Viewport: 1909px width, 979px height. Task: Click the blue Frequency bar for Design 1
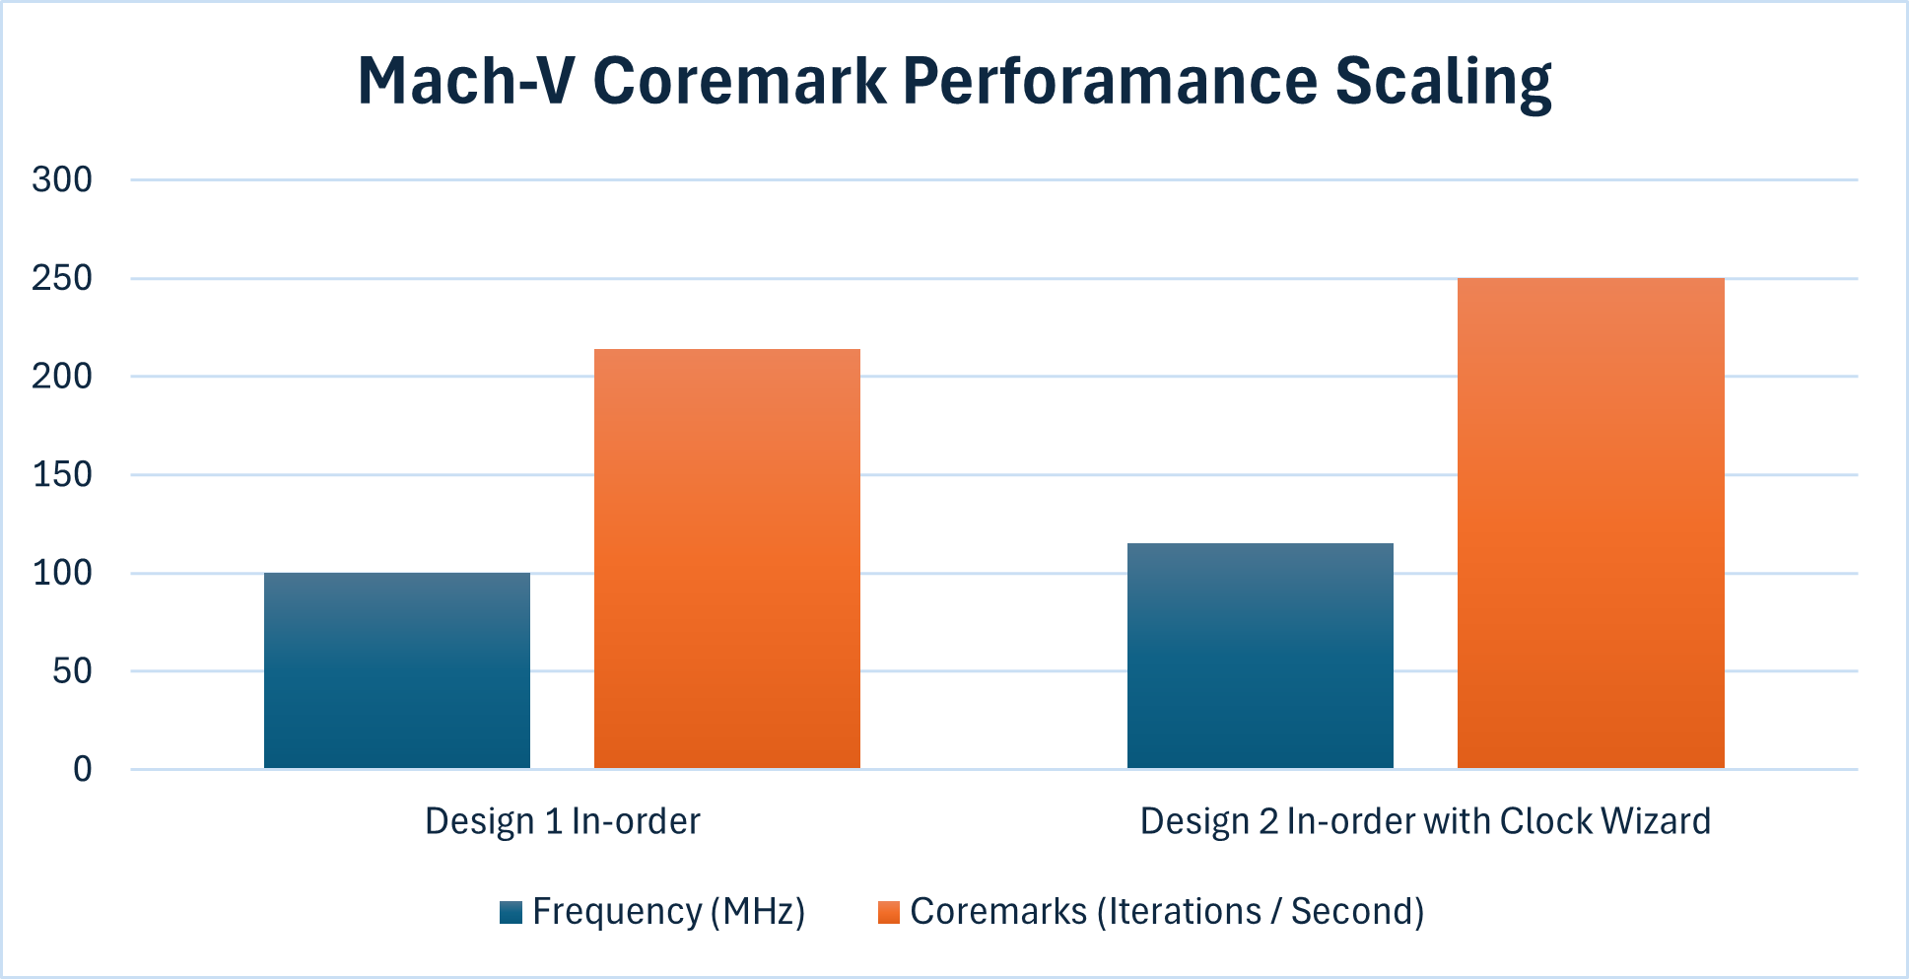(396, 670)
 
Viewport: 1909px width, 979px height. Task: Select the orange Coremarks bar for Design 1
(726, 559)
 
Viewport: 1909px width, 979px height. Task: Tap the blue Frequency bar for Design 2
(1260, 656)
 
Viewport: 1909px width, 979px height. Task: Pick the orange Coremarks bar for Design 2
(1590, 524)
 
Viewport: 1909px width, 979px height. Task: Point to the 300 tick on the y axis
(61, 179)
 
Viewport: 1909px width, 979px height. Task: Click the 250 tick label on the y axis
(61, 278)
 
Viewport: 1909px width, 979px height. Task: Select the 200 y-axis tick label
(61, 376)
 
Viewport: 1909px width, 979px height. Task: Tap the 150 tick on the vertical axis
(61, 474)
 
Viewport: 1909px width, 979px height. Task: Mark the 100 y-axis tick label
(61, 573)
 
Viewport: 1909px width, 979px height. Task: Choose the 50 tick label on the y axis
(71, 670)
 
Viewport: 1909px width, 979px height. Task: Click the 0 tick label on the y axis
(82, 769)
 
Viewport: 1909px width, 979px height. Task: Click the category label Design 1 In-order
(562, 821)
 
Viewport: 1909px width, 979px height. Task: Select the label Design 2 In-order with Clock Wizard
(1424, 821)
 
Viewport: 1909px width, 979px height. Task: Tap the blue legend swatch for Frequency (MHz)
(511, 912)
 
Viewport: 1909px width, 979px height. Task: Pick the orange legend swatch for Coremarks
(888, 912)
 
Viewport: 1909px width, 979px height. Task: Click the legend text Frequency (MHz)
(668, 912)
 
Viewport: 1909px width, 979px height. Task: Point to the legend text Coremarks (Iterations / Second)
(1166, 912)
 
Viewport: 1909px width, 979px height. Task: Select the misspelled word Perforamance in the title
(1109, 81)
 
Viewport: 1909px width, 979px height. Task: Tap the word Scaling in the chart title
(1443, 81)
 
